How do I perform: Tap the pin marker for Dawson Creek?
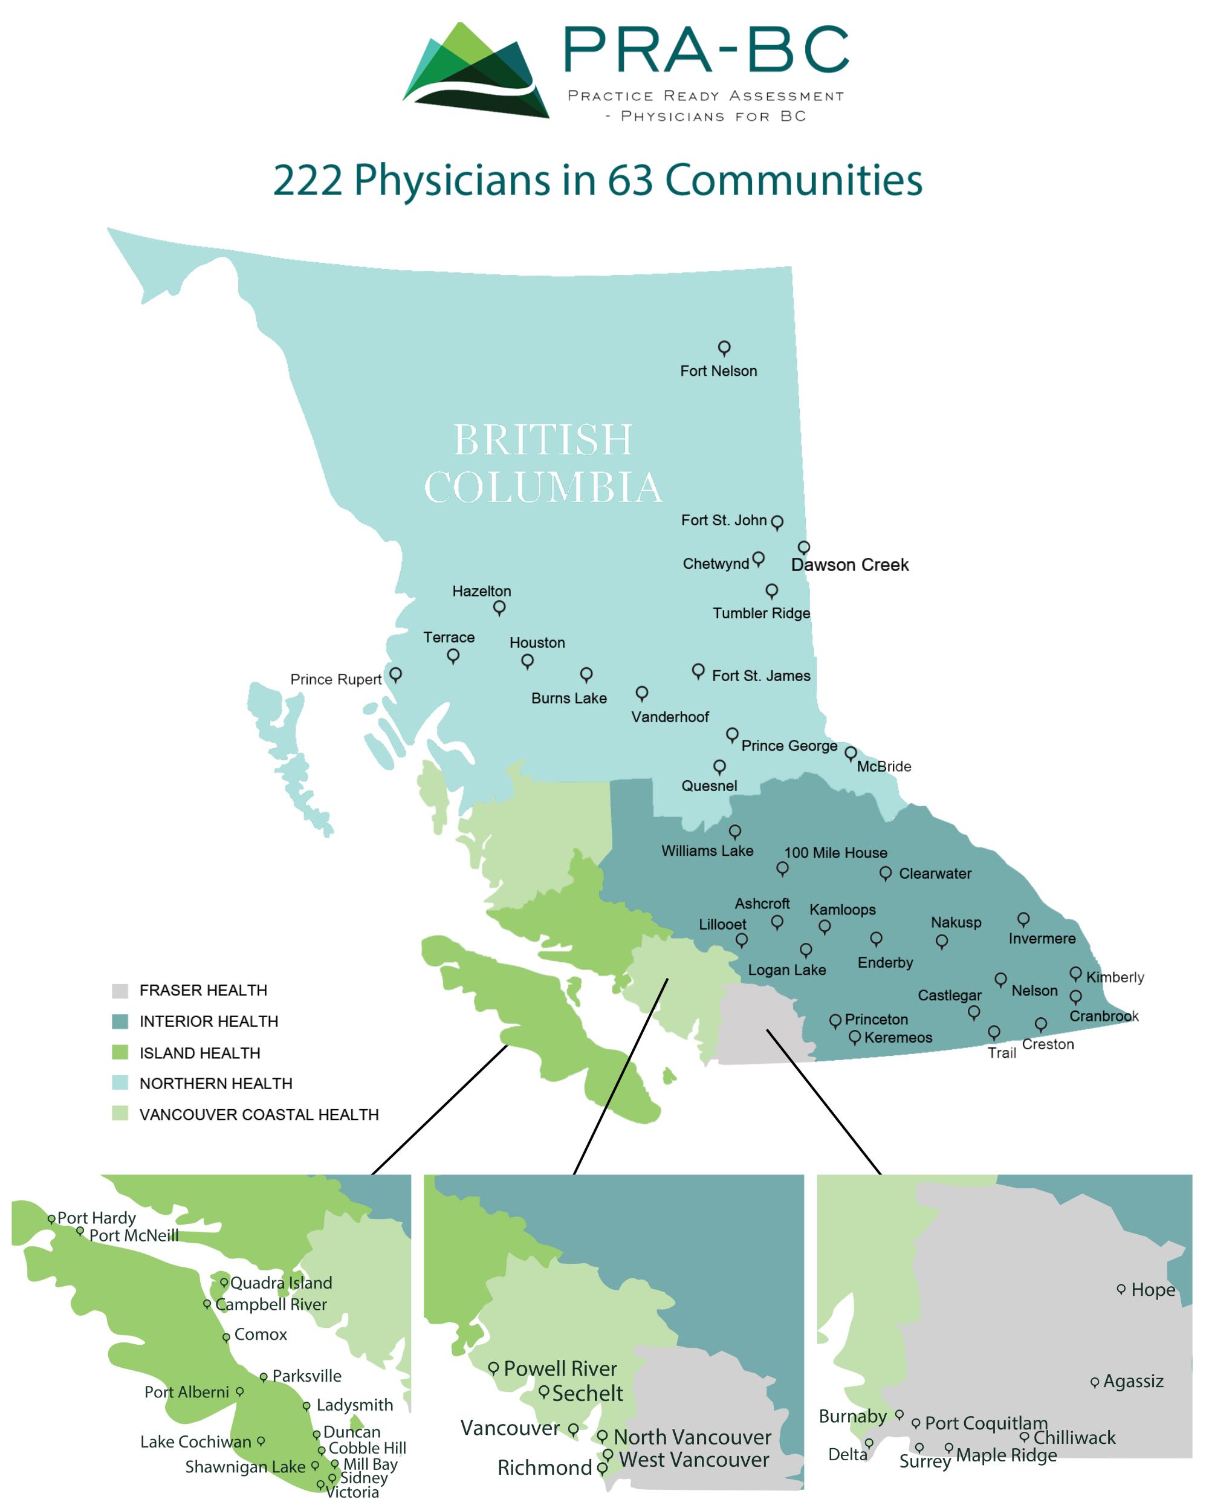(x=804, y=546)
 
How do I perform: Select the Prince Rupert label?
(x=335, y=679)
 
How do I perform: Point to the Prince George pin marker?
(x=731, y=734)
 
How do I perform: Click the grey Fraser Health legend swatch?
(x=120, y=990)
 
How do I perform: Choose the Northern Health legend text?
(x=216, y=1084)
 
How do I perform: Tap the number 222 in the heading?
(x=308, y=180)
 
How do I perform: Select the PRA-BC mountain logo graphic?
(x=475, y=70)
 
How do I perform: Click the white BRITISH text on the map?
(x=543, y=440)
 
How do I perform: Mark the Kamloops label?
(x=843, y=910)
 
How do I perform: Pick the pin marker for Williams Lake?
(x=734, y=830)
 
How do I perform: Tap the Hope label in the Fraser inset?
(x=1153, y=1290)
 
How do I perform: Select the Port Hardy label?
(x=96, y=1217)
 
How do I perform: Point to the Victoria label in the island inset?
(x=352, y=1492)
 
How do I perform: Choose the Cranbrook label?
(x=1103, y=1016)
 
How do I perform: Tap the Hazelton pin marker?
(x=499, y=607)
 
